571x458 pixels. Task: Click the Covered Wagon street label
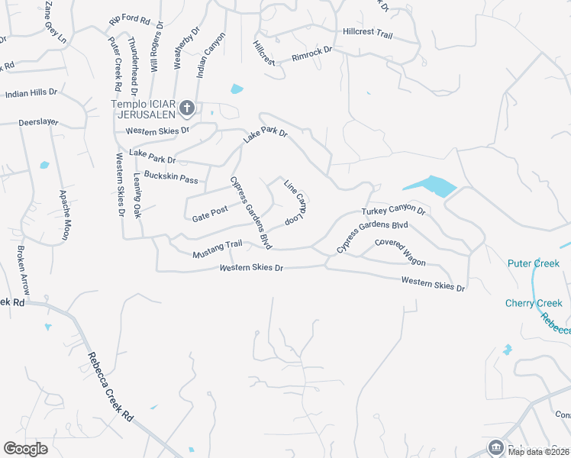tap(400, 252)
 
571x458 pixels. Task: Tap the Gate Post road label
tap(210, 214)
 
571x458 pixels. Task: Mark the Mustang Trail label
tap(217, 248)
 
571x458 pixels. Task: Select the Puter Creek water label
tap(534, 263)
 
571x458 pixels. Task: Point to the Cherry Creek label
tap(534, 303)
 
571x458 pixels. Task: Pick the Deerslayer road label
tap(40, 121)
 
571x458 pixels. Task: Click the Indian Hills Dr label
tap(31, 92)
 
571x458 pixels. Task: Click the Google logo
tap(25, 449)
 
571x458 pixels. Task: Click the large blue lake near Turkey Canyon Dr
tap(430, 185)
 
